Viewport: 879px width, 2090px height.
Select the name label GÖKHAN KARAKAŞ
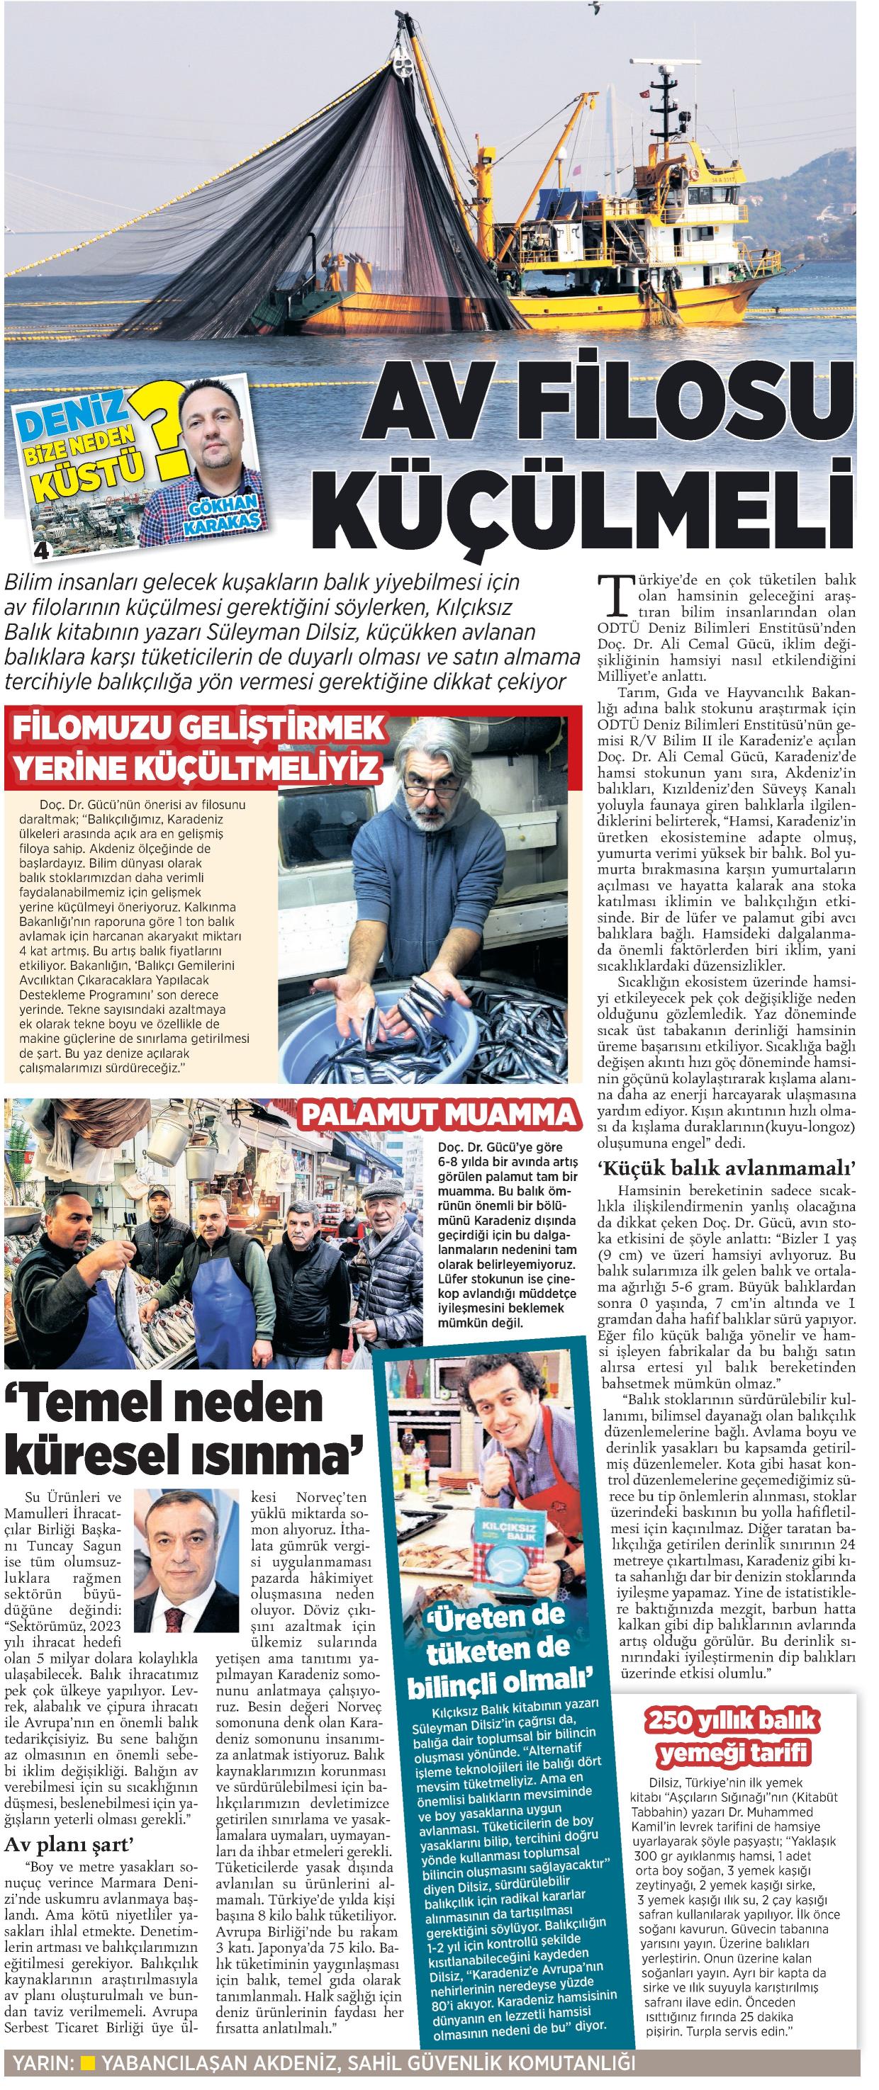[223, 514]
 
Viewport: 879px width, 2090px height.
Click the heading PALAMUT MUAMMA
[438, 1114]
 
